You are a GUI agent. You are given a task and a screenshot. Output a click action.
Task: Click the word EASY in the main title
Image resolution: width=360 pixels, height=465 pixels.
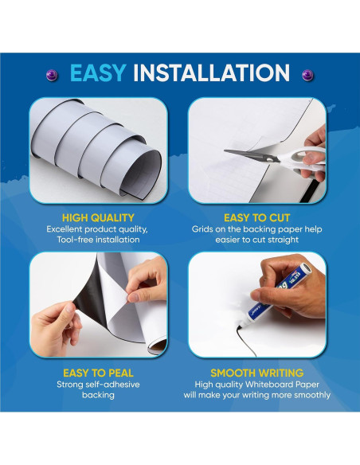tap(97, 74)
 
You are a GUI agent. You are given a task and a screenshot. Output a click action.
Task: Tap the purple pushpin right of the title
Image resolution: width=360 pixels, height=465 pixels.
tap(307, 74)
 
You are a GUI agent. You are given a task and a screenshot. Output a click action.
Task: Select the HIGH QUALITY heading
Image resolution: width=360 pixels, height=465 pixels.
tap(98, 217)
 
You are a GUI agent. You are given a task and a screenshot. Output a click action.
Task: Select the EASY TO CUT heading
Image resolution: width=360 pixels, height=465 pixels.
tap(257, 217)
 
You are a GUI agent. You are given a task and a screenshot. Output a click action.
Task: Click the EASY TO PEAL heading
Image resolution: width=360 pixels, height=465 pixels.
tap(98, 372)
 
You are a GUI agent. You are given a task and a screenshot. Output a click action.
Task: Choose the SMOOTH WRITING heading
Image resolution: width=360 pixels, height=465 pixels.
tap(257, 372)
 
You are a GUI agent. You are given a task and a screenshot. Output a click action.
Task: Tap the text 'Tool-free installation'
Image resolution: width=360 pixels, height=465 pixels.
tap(98, 240)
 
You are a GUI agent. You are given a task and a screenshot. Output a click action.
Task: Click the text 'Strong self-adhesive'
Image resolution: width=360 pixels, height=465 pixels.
tap(98, 384)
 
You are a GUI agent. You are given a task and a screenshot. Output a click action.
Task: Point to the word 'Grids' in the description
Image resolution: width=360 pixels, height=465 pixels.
tap(205, 229)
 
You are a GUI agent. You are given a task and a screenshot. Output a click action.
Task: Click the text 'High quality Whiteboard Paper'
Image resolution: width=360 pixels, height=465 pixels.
tap(257, 384)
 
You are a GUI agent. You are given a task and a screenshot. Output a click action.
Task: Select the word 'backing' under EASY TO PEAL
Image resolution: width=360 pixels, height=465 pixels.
tap(98, 395)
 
